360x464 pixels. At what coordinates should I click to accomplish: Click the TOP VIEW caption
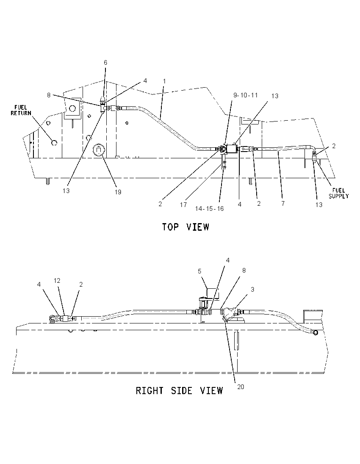[186, 227]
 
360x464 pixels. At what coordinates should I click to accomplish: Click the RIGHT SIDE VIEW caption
[179, 391]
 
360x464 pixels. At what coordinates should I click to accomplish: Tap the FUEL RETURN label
[21, 110]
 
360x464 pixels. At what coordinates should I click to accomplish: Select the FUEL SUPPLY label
[339, 193]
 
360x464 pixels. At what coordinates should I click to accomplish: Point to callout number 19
[118, 192]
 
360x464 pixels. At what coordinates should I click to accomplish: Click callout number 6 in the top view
[105, 62]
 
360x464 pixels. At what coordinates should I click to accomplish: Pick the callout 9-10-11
[245, 95]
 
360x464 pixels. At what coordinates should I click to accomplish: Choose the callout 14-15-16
[209, 209]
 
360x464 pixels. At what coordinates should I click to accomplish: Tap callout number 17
[183, 204]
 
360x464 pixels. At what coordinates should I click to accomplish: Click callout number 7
[283, 203]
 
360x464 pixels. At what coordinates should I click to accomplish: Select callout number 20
[241, 387]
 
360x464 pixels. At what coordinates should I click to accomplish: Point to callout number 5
[199, 271]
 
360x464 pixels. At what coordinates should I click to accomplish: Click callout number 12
[57, 281]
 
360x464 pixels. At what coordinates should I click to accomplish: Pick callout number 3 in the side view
[252, 290]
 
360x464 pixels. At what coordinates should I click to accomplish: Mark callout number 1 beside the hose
[164, 81]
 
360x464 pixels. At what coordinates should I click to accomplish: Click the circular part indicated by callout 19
[98, 150]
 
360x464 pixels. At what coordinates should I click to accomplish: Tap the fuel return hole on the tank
[54, 143]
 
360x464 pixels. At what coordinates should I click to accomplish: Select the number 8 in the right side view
[244, 270]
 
